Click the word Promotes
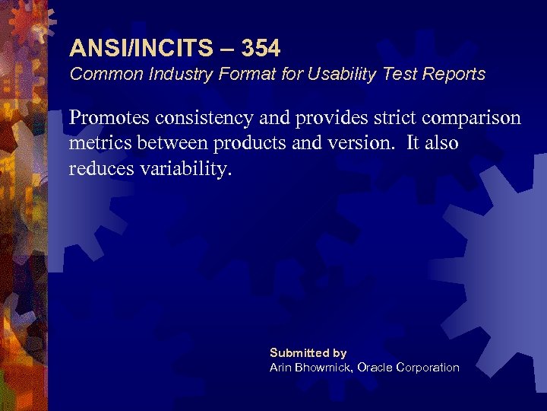pos(109,118)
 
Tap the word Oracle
pos(375,368)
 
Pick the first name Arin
pos(281,368)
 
